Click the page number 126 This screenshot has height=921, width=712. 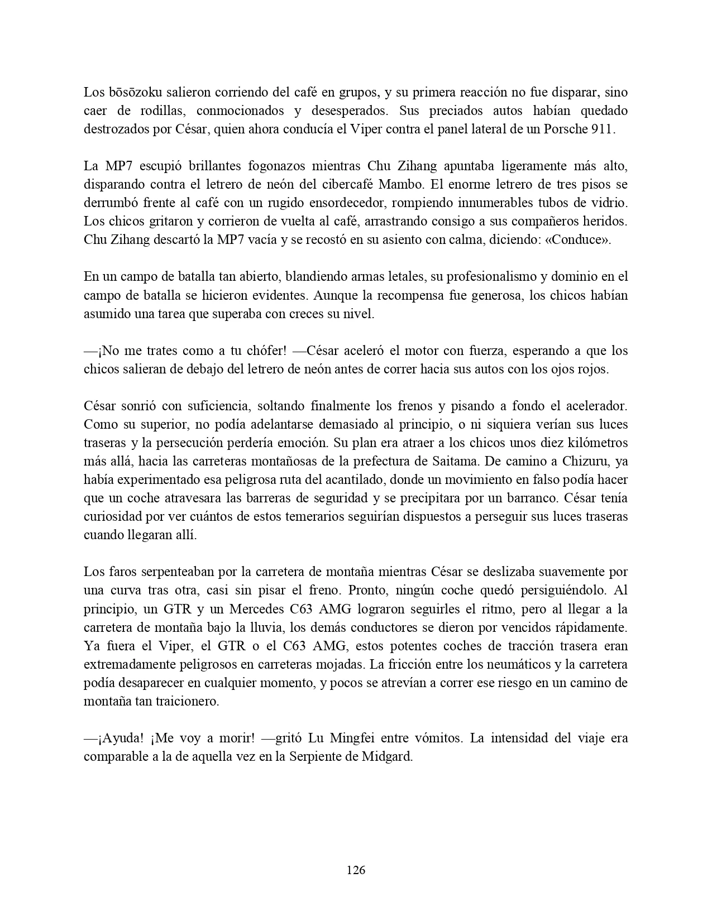coord(356,870)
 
